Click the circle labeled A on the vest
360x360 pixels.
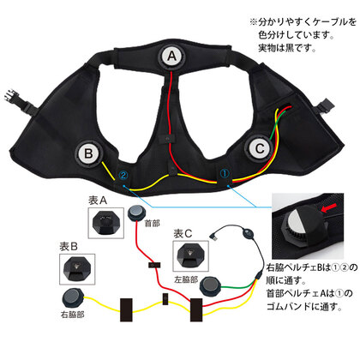pyautogui.click(x=171, y=56)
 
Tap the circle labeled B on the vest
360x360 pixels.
pyautogui.click(x=88, y=153)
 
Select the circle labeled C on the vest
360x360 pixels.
pyautogui.click(x=259, y=148)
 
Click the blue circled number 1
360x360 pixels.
pyautogui.click(x=225, y=173)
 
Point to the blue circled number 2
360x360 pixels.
pyautogui.click(x=123, y=175)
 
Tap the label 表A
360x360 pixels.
pyautogui.click(x=98, y=201)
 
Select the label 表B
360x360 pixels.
pyautogui.click(x=69, y=247)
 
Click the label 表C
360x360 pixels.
pyautogui.click(x=183, y=234)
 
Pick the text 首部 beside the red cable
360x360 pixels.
pyautogui.click(x=153, y=223)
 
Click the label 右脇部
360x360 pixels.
pyautogui.click(x=73, y=315)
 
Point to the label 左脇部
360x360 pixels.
pyautogui.click(x=186, y=279)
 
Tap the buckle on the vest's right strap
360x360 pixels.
pyautogui.click(x=325, y=106)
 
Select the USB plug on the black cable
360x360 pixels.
pyautogui.click(x=214, y=236)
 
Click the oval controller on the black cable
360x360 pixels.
pyautogui.click(x=248, y=232)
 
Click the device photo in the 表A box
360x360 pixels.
pyautogui.click(x=106, y=223)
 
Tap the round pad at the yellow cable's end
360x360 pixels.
pyautogui.click(x=73, y=297)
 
